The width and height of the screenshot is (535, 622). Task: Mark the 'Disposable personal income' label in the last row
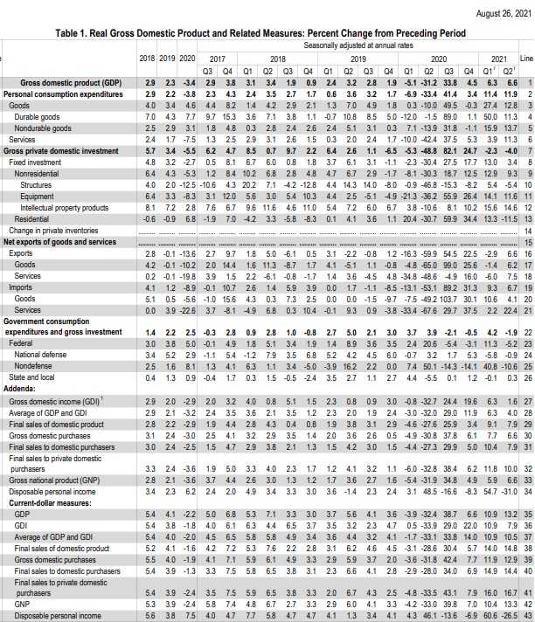(56, 616)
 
